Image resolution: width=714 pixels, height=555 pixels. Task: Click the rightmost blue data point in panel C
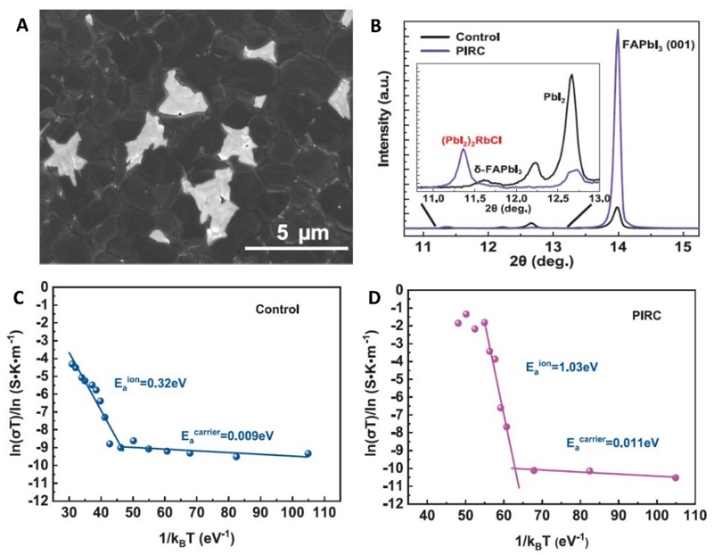coord(308,454)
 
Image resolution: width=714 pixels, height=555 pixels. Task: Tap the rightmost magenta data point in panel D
coord(675,477)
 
